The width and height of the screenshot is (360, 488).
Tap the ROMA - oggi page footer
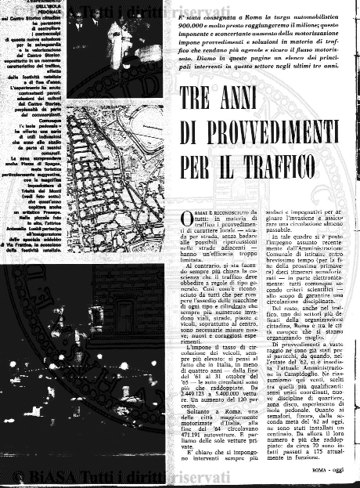click(328, 472)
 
